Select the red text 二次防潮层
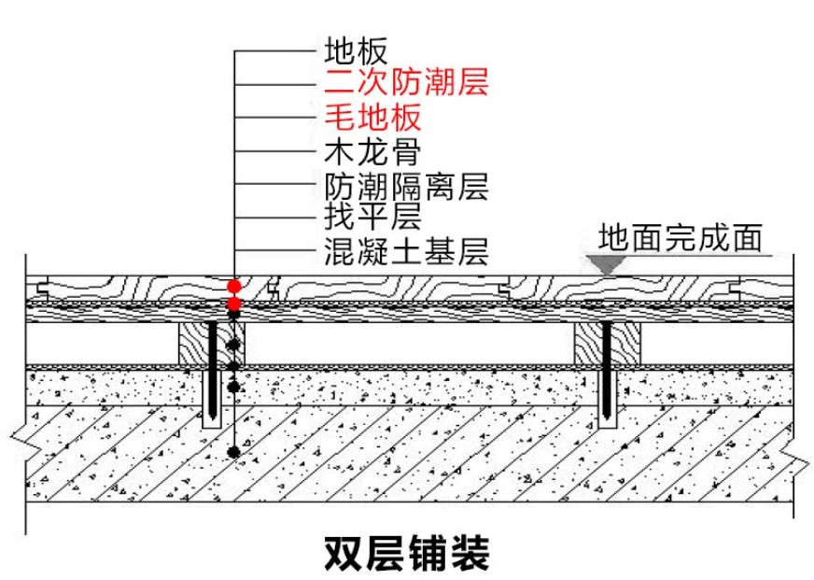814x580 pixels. [x=405, y=83]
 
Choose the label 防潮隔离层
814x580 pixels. [x=405, y=184]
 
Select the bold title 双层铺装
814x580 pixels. [x=406, y=553]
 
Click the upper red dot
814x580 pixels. [x=234, y=285]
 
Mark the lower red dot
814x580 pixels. [x=234, y=304]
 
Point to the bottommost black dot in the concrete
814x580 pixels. [x=234, y=453]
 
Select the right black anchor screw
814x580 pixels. [x=608, y=374]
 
